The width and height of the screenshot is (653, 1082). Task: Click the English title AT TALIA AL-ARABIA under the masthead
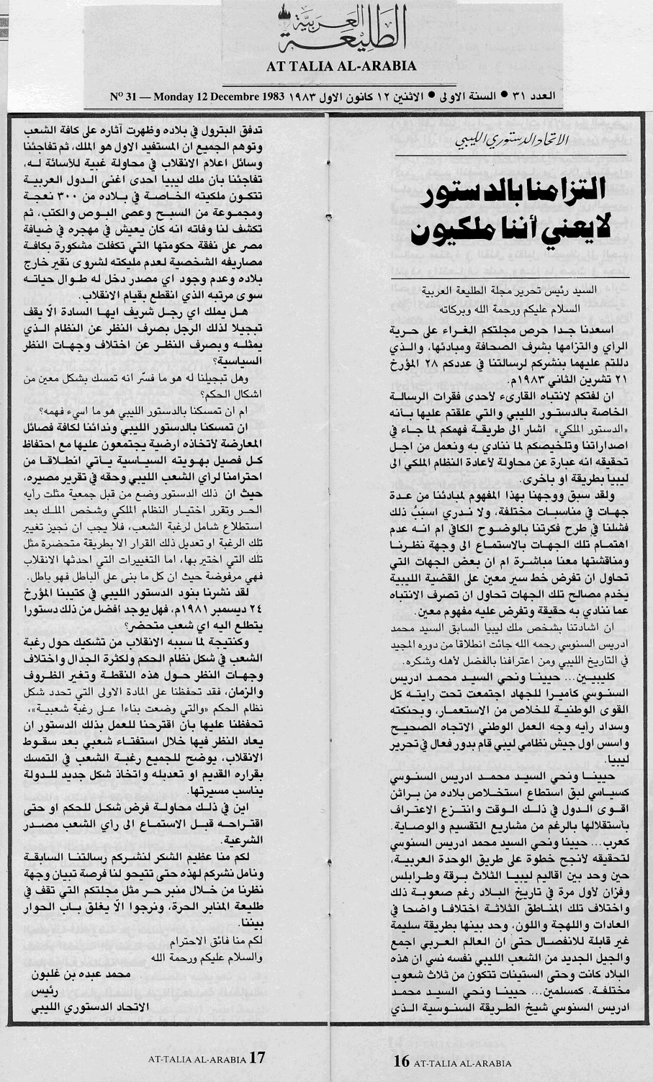click(341, 66)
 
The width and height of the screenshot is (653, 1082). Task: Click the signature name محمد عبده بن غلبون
click(82, 974)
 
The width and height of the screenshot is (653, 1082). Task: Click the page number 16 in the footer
click(401, 1062)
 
